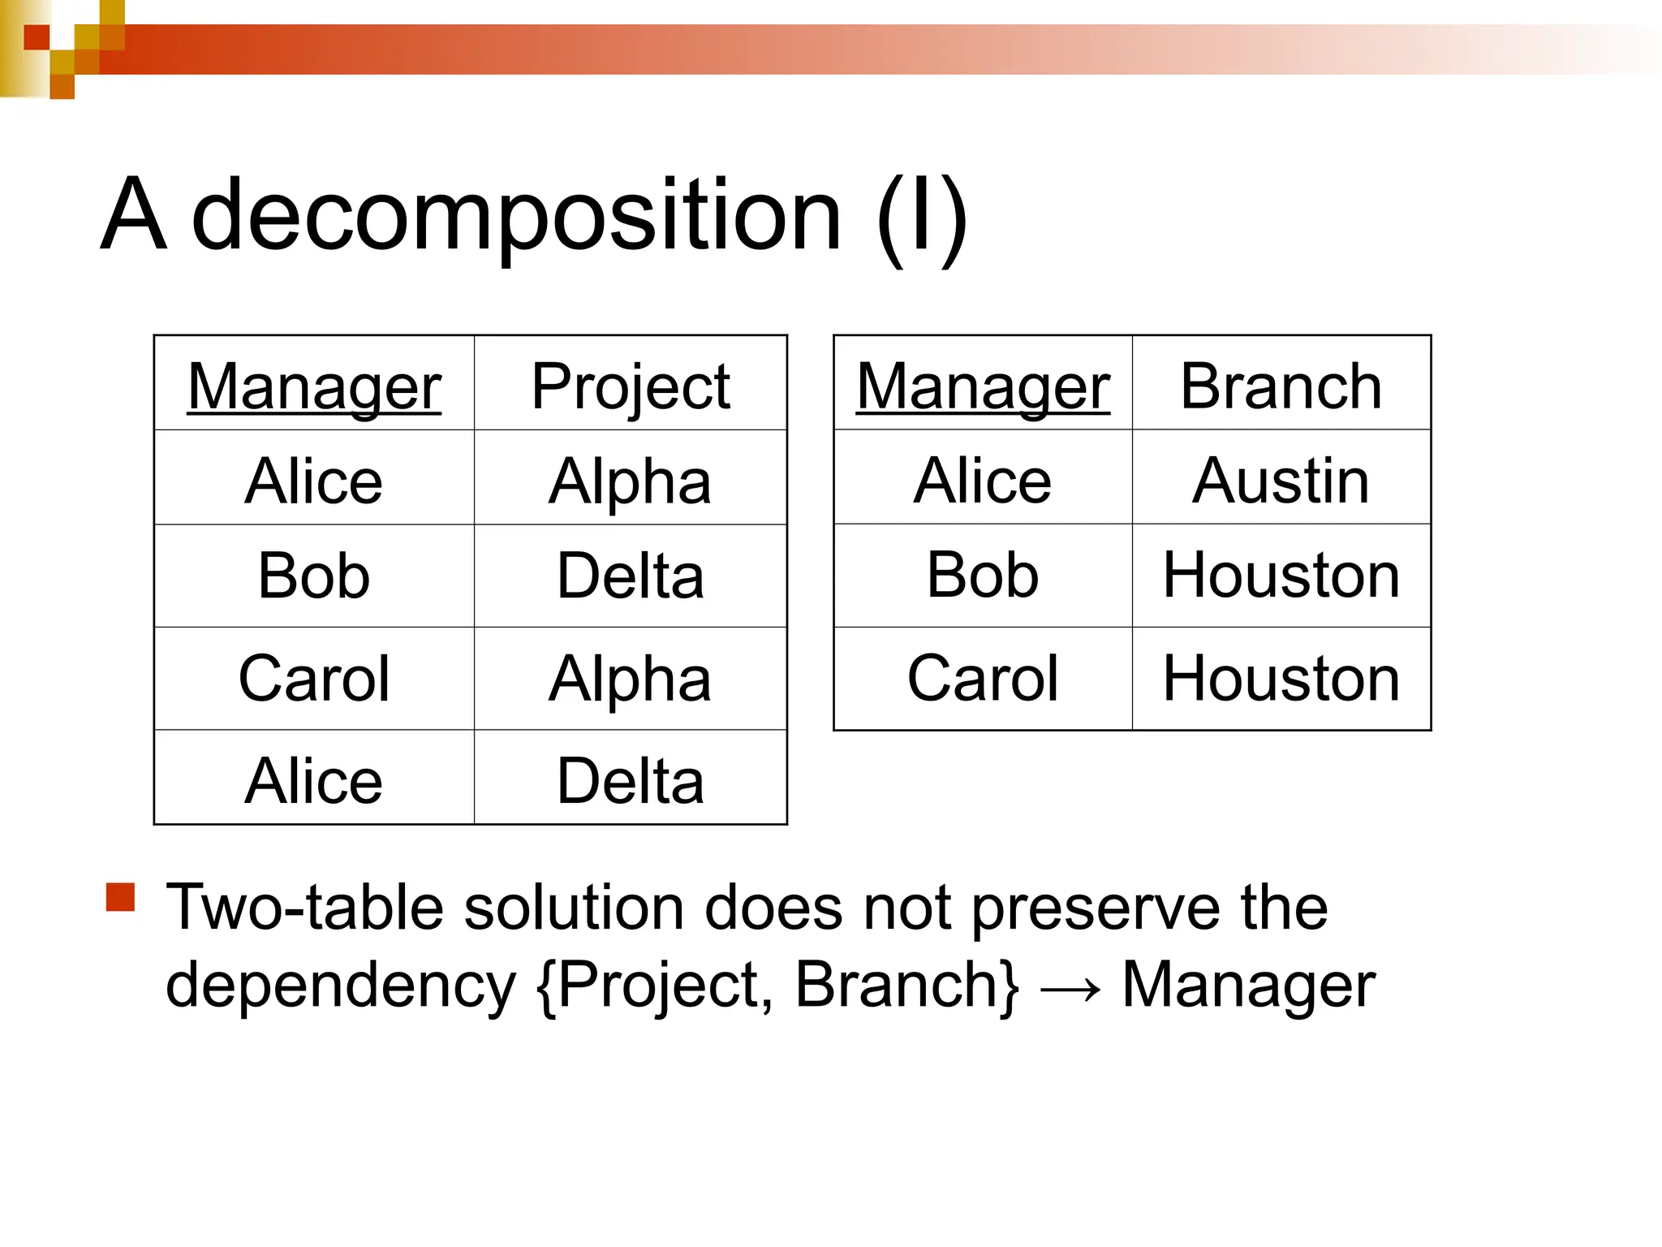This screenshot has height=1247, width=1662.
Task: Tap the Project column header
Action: click(631, 386)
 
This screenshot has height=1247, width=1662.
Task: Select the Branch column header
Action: click(1281, 386)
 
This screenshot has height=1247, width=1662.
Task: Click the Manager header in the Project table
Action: click(314, 386)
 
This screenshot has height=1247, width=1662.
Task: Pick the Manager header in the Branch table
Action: click(983, 386)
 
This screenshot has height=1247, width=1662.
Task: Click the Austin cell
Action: click(1281, 481)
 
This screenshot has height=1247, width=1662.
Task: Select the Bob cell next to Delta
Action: click(314, 576)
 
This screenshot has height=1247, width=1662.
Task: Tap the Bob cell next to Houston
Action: click(983, 576)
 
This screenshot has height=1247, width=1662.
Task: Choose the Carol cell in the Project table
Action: click(314, 679)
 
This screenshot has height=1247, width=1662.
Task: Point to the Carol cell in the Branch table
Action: click(983, 679)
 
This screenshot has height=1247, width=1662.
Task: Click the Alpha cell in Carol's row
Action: click(631, 679)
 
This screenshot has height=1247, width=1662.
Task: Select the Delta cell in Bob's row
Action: click(631, 576)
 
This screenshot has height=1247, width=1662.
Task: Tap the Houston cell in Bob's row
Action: click(1281, 576)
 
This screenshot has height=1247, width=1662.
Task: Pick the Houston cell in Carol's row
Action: click(1281, 679)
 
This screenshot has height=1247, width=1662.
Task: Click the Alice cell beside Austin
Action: click(983, 481)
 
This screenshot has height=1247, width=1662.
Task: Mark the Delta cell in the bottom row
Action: click(631, 781)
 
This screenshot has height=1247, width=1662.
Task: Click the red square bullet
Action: click(120, 898)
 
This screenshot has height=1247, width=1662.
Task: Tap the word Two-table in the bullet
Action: click(304, 908)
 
